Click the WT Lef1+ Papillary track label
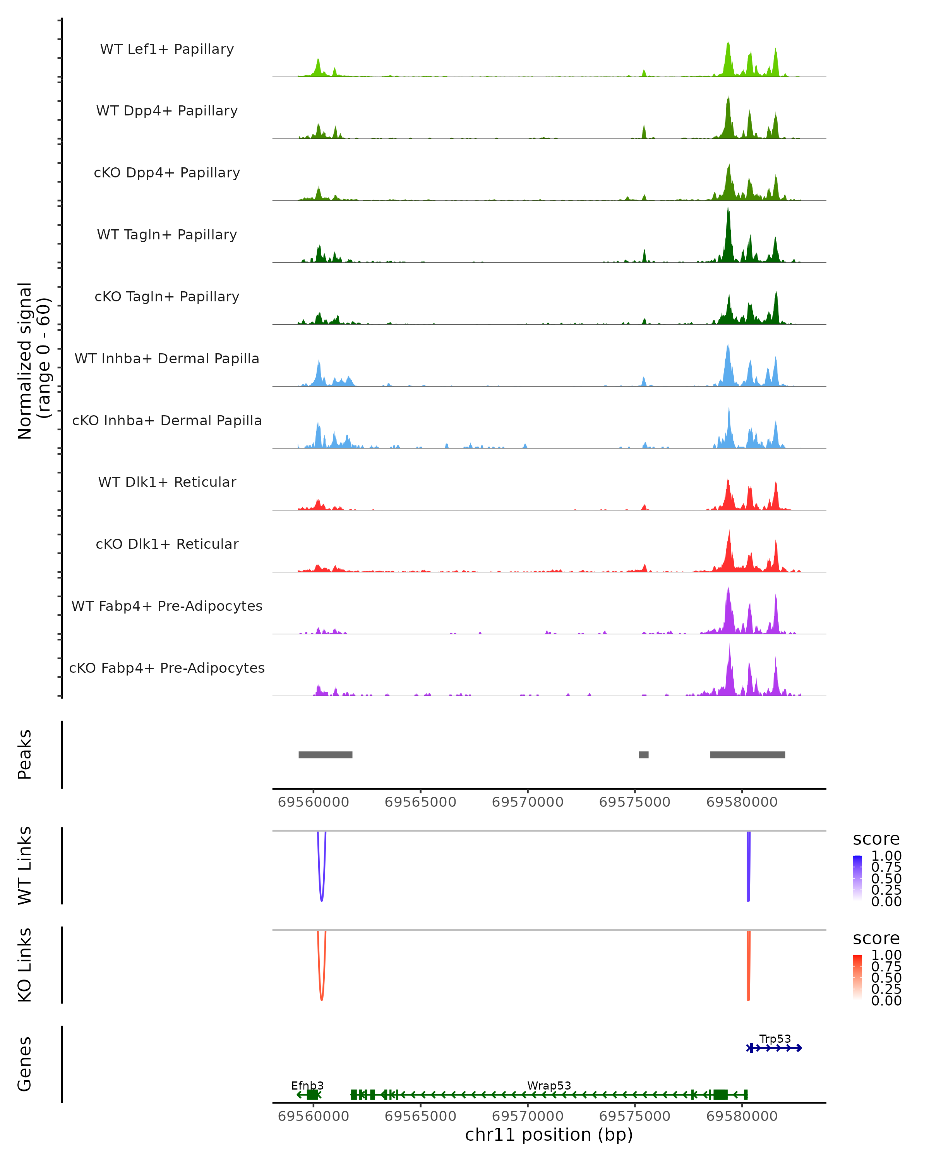pyautogui.click(x=167, y=49)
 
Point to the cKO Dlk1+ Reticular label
pyautogui.click(x=167, y=544)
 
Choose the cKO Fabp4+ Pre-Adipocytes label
pyautogui.click(x=167, y=668)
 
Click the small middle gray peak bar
pyautogui.click(x=644, y=755)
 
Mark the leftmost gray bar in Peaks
pyautogui.click(x=325, y=755)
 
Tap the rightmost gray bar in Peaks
pyautogui.click(x=747, y=755)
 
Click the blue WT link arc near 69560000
pyautogui.click(x=322, y=895)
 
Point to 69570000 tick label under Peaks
pyautogui.click(x=527, y=802)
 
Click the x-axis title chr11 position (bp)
pyautogui.click(x=549, y=1135)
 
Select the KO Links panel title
pyautogui.click(x=25, y=965)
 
